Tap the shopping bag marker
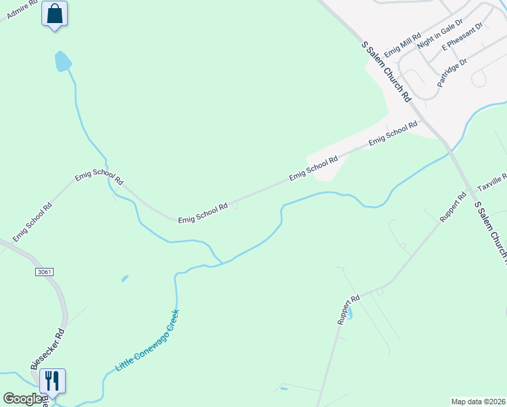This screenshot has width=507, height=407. tap(54, 14)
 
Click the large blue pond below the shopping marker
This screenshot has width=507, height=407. tap(62, 61)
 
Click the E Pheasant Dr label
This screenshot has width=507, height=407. tap(462, 37)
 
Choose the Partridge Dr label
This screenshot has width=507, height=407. tap(452, 73)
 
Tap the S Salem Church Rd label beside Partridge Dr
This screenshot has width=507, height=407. tap(386, 71)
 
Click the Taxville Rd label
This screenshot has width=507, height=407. tap(493, 181)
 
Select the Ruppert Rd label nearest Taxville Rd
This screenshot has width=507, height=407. tap(453, 207)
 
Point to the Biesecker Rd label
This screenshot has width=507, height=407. tap(48, 349)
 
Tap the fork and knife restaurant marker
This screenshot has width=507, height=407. tap(52, 381)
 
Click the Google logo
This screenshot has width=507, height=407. tap(23, 399)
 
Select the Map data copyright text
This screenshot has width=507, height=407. tap(478, 402)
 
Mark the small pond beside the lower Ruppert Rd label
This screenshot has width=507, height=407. tap(350, 314)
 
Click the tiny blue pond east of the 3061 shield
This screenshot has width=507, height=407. tap(125, 278)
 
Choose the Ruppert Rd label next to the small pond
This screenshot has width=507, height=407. tap(348, 310)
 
